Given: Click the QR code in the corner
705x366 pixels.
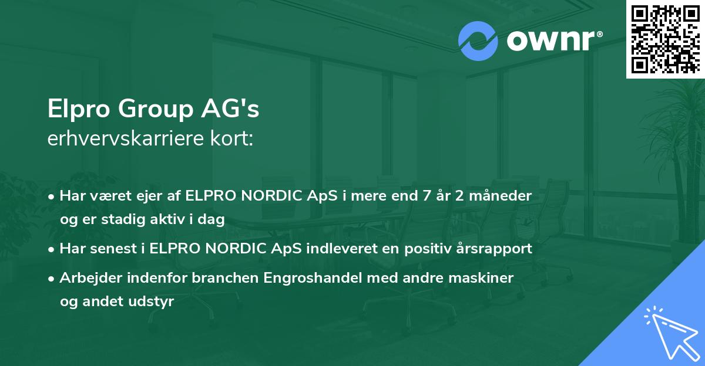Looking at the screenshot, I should (665, 39).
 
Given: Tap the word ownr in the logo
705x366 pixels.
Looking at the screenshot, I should (553, 40).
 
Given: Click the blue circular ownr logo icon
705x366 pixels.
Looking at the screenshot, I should (478, 40).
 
